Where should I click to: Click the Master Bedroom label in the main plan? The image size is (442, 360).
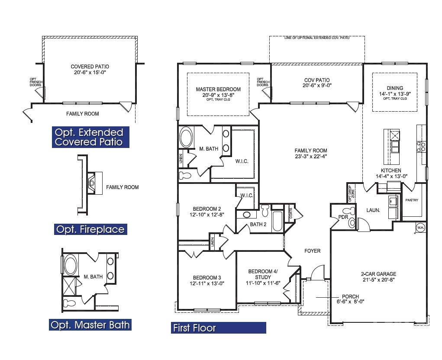click(x=218, y=90)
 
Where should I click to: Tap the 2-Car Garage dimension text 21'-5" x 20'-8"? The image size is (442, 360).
click(x=378, y=280)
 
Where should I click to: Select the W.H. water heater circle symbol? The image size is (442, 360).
click(x=420, y=227)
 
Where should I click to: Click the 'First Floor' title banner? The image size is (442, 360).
click(x=219, y=328)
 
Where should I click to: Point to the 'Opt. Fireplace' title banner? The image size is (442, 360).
click(x=90, y=229)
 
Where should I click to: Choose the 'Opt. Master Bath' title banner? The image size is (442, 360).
click(x=90, y=325)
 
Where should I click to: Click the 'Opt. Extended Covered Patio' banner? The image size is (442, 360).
click(x=88, y=137)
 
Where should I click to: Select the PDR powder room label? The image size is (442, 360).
click(x=343, y=217)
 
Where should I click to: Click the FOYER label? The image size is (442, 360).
click(x=312, y=251)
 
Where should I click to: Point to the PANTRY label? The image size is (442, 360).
click(x=411, y=200)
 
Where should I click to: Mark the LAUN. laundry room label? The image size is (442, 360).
click(x=373, y=210)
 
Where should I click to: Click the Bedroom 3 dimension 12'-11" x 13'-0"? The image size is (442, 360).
click(x=207, y=283)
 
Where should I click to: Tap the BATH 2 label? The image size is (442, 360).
click(x=258, y=224)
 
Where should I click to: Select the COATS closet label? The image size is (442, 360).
click(x=290, y=213)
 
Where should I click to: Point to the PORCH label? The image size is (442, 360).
click(x=350, y=296)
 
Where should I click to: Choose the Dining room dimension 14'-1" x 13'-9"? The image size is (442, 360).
click(x=394, y=94)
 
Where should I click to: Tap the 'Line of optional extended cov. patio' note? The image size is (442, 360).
click(x=317, y=38)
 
